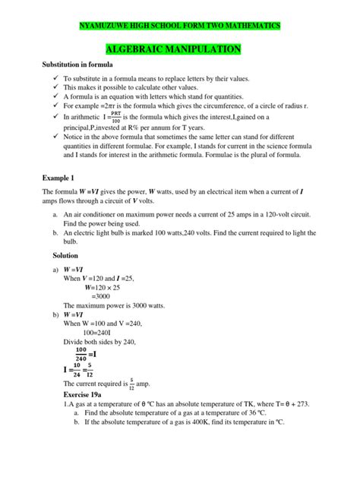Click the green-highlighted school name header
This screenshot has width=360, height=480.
(180, 26)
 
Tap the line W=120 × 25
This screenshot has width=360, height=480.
(108, 287)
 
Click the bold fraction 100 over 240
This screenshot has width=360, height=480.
(76, 354)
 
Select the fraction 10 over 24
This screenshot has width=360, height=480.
(76, 371)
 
